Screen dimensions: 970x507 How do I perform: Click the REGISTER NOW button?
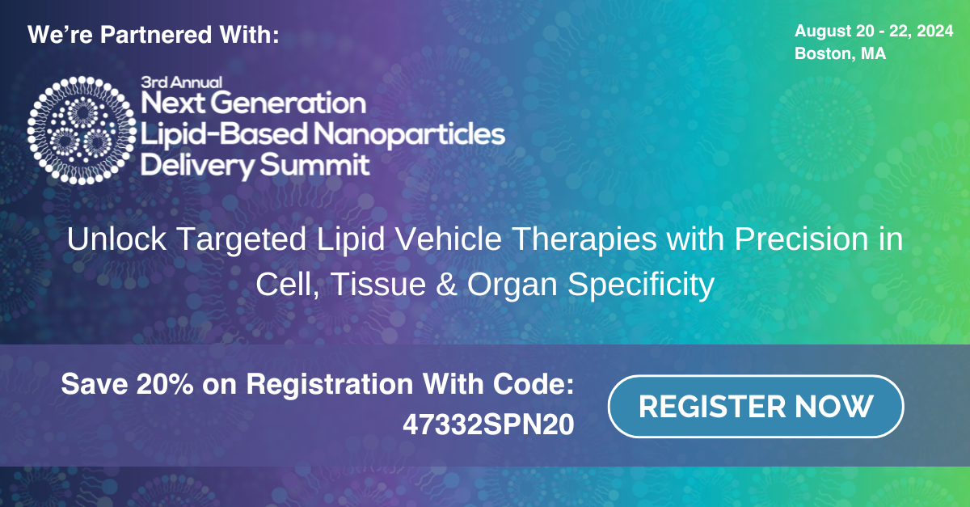[756, 406]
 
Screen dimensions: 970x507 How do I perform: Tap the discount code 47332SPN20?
[488, 425]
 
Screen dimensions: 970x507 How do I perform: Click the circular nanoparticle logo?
[82, 130]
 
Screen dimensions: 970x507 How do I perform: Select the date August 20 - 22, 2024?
[874, 32]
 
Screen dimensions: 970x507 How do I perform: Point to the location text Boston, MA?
[840, 53]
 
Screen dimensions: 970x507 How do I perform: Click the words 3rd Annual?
[181, 82]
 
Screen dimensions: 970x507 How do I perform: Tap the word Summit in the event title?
[314, 165]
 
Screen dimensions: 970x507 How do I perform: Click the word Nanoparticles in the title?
[409, 134]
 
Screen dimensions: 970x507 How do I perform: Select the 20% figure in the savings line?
[165, 384]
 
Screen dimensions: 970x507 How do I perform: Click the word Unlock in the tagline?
[116, 239]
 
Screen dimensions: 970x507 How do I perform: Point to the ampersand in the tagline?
[446, 285]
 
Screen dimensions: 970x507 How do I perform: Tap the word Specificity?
[641, 285]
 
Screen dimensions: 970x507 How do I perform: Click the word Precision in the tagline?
[801, 239]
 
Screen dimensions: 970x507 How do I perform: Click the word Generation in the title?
[289, 103]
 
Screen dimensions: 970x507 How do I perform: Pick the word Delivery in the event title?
[198, 166]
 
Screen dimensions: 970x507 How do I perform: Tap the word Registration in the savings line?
[330, 385]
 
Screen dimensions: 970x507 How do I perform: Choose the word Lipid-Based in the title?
[224, 134]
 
